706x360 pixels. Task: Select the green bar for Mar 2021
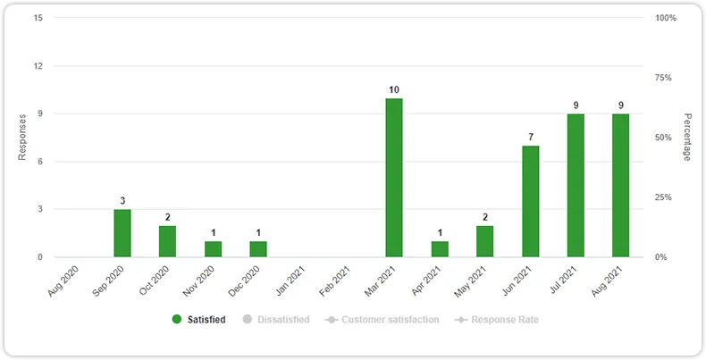(x=394, y=178)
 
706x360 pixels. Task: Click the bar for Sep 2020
(x=122, y=233)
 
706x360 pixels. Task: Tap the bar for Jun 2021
(x=530, y=201)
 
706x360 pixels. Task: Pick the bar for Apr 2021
(x=440, y=249)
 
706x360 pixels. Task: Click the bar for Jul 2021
(x=576, y=186)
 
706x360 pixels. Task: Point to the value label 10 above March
(x=394, y=90)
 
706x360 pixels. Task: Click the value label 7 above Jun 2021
(x=530, y=138)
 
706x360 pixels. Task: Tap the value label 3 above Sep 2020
(x=122, y=201)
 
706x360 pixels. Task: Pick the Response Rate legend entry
(x=497, y=319)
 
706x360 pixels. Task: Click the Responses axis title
(x=22, y=138)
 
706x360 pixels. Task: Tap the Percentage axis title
(x=687, y=138)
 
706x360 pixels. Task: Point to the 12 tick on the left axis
(x=37, y=66)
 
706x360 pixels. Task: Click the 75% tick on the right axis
(x=663, y=78)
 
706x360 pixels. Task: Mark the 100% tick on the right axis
(x=665, y=18)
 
